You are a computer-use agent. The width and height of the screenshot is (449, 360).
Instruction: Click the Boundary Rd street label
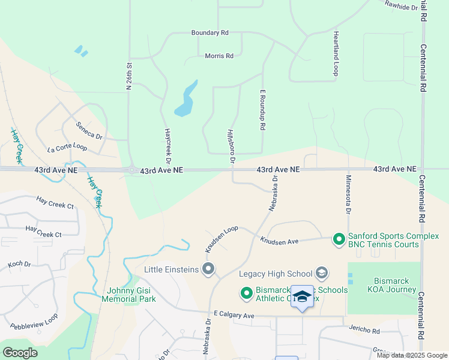click(209, 32)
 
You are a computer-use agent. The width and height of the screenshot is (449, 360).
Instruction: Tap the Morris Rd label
click(218, 56)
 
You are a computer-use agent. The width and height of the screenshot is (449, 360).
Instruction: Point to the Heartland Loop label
click(336, 55)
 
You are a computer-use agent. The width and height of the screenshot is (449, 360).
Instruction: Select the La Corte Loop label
click(67, 148)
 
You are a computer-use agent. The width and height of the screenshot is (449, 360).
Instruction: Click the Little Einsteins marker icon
click(209, 269)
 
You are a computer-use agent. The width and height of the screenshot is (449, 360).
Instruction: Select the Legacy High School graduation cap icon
click(322, 274)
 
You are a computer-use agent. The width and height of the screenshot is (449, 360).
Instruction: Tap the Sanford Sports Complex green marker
click(339, 239)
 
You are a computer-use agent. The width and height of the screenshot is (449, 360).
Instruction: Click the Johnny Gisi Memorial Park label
click(128, 295)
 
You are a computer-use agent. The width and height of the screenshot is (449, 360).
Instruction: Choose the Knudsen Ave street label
click(279, 241)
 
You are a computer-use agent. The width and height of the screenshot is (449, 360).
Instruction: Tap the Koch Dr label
click(19, 264)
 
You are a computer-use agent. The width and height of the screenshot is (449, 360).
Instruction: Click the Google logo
click(20, 352)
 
